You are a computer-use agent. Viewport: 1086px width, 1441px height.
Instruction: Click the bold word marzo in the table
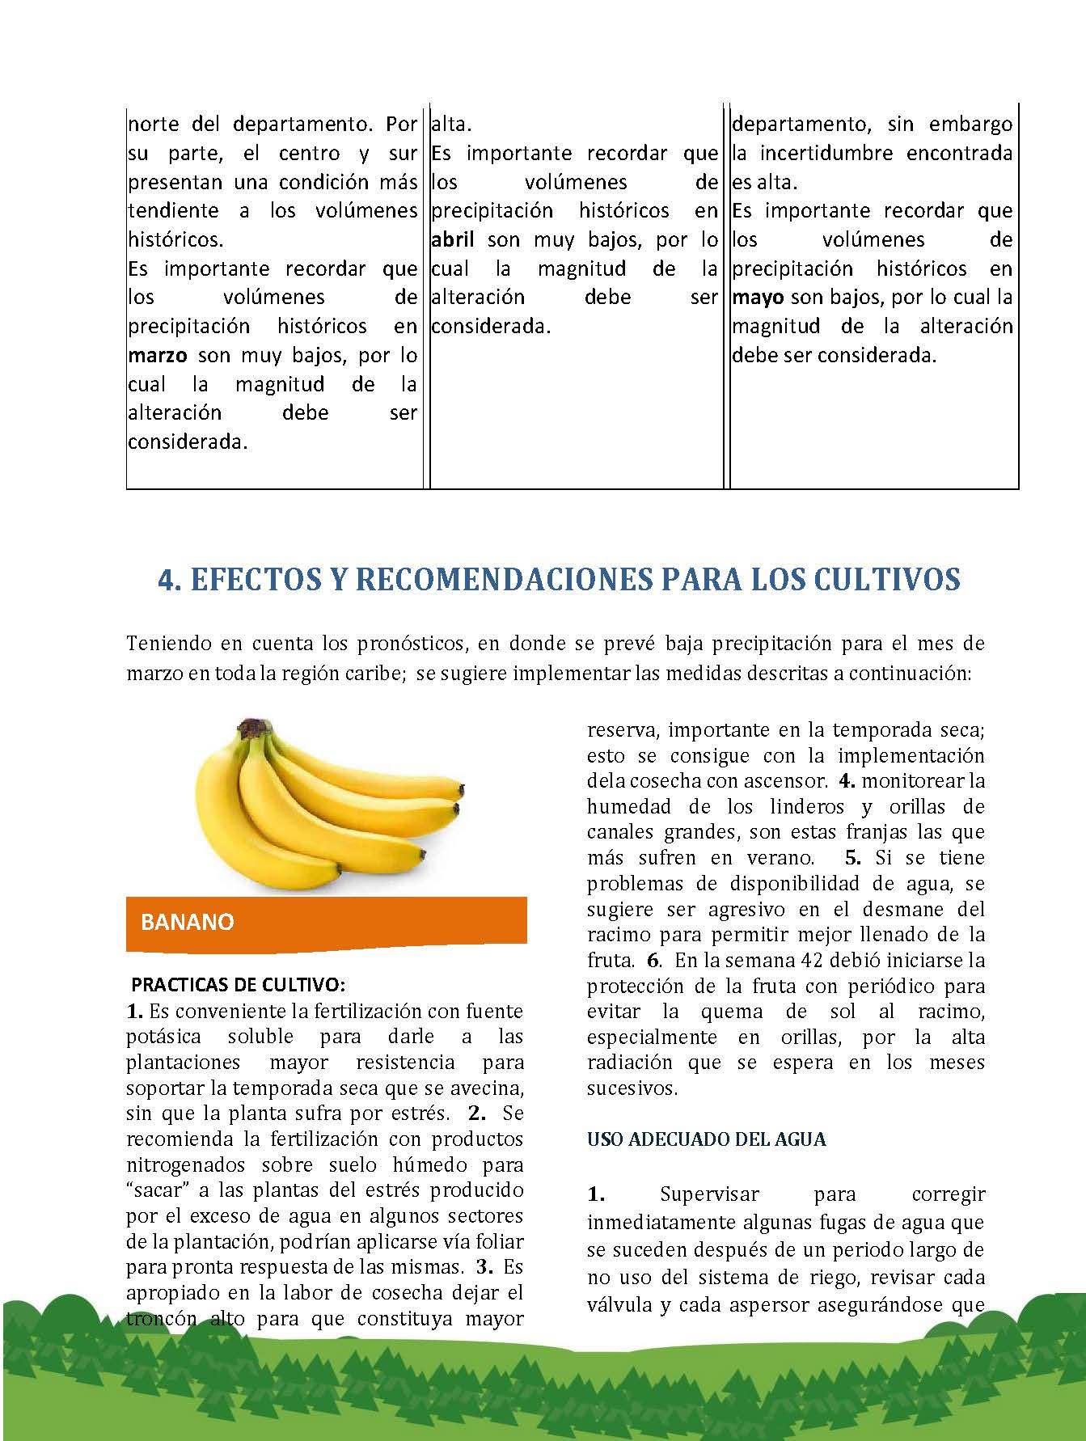pos(158,355)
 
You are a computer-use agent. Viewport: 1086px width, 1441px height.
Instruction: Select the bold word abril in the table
pos(453,239)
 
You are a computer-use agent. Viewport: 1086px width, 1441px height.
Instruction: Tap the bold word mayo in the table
pos(758,298)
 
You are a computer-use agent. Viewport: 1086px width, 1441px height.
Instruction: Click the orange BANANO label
pos(188,923)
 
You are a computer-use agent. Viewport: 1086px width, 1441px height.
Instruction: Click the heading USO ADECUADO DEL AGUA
pos(707,1139)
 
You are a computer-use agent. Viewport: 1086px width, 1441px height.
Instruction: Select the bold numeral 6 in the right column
pos(653,961)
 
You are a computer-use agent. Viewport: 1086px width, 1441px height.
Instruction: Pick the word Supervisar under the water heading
pos(709,1194)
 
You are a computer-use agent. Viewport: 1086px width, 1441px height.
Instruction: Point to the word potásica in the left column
pos(164,1037)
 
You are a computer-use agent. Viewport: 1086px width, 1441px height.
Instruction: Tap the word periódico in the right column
pos(898,987)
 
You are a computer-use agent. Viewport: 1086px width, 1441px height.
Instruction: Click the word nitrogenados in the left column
pos(188,1165)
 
